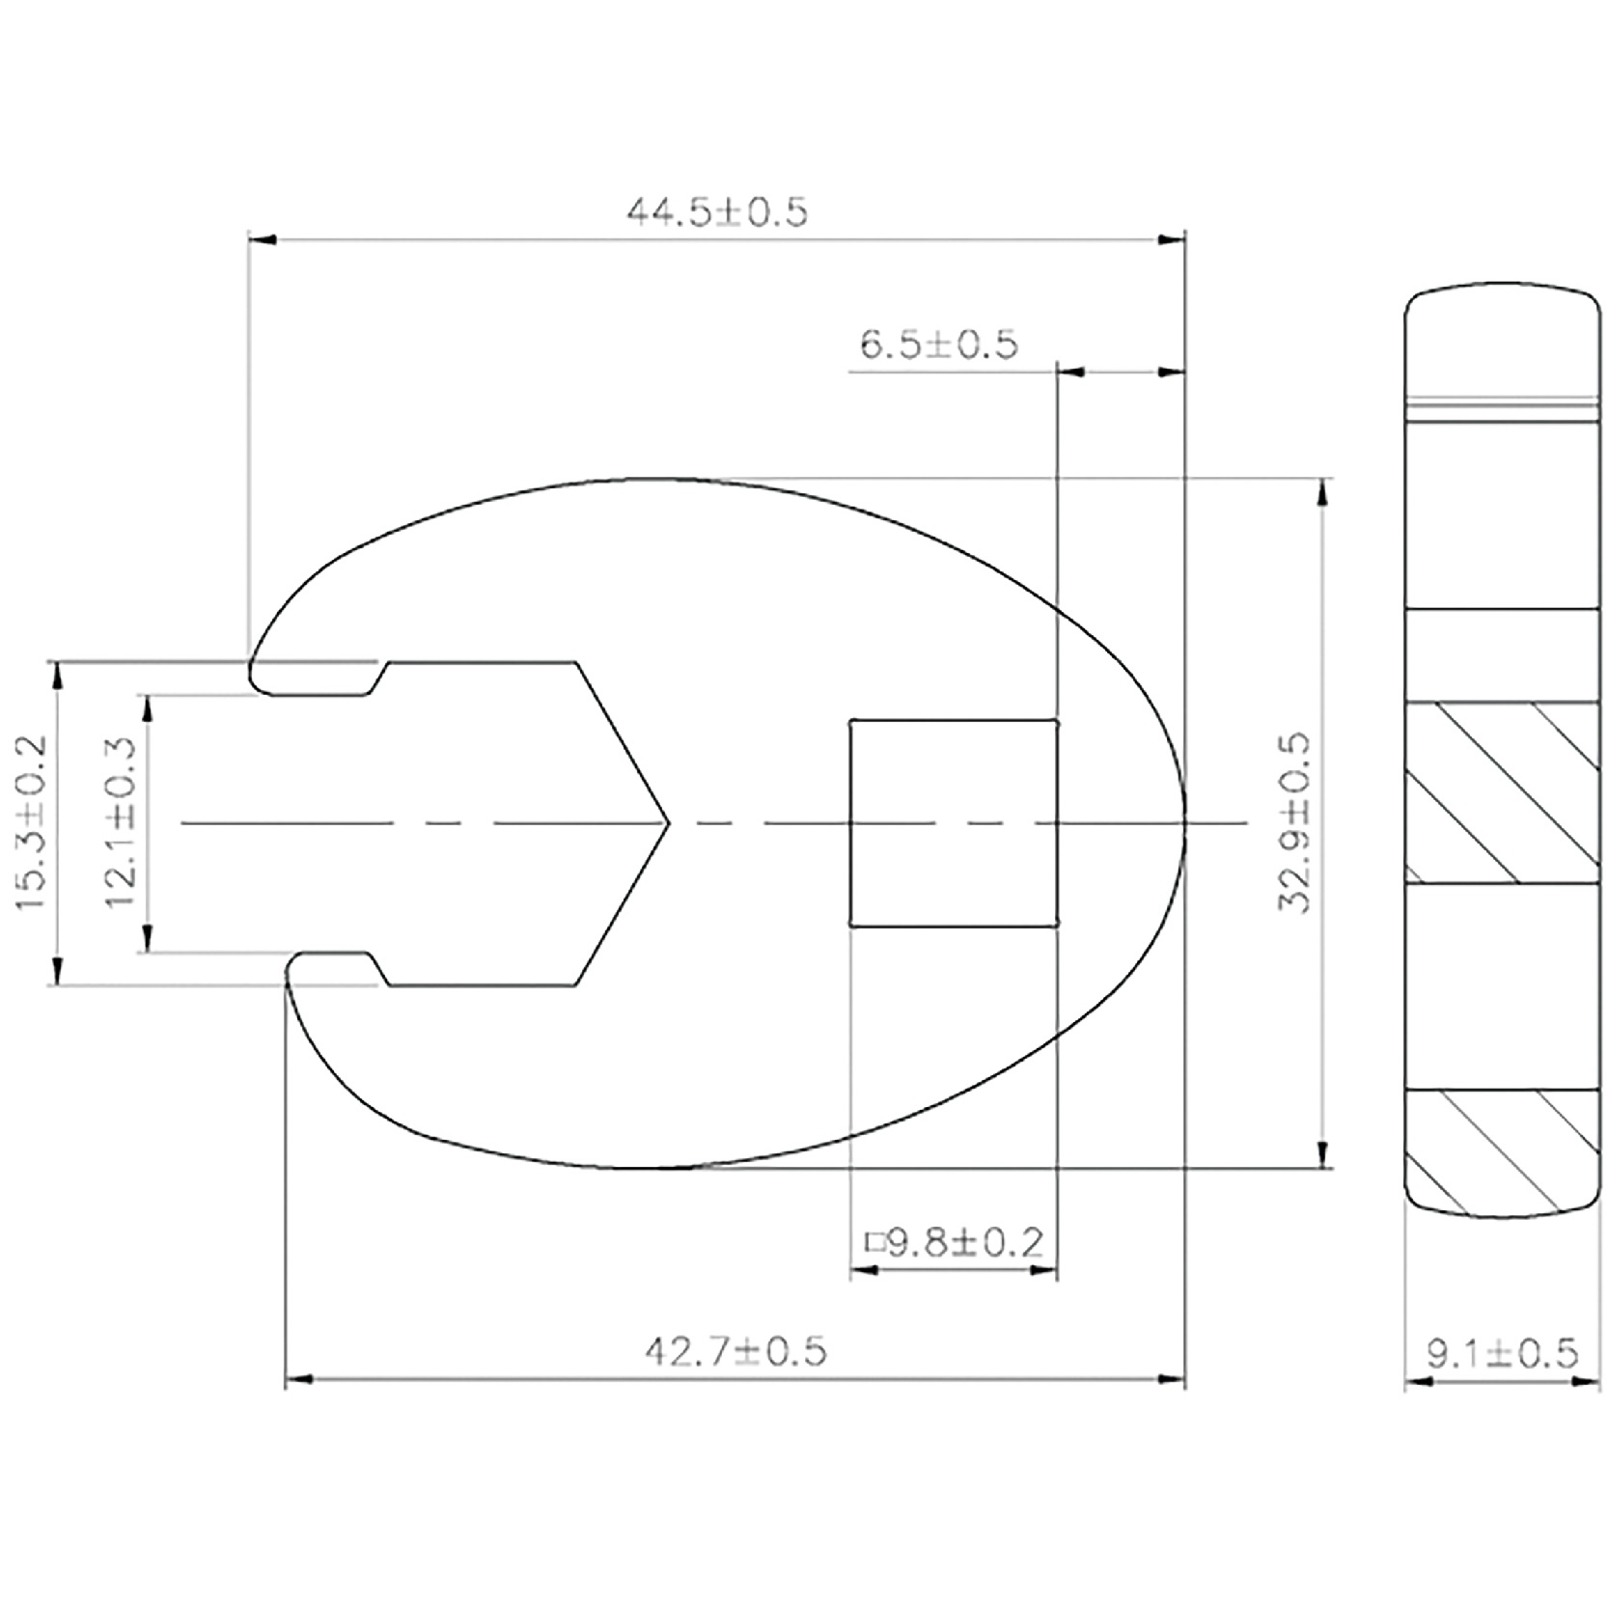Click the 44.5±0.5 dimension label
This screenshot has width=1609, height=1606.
coord(716,211)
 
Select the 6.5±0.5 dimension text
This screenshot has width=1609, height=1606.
coord(938,344)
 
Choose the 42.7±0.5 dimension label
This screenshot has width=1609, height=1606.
coord(735,1351)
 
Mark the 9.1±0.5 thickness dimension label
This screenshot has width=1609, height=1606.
coord(1503,1353)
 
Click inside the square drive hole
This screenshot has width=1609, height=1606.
coord(954,822)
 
